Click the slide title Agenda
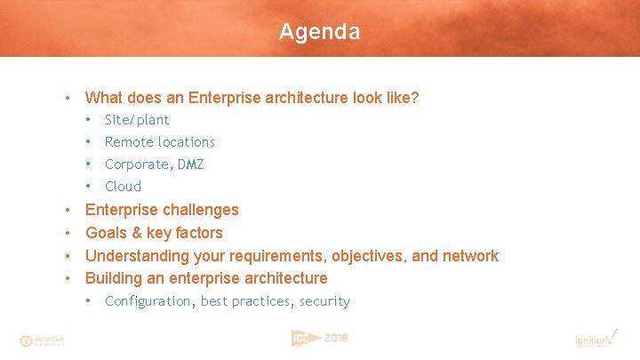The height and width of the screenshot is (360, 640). coord(319,32)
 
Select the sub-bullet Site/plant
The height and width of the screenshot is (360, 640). coord(136,120)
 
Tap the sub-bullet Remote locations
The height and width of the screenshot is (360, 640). coord(159,142)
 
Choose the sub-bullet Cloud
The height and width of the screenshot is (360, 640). coord(123,187)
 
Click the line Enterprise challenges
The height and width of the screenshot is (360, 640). coord(162,210)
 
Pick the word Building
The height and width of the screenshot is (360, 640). coord(115,278)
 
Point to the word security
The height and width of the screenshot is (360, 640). coord(324,301)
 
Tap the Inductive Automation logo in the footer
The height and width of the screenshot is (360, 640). coord(42,340)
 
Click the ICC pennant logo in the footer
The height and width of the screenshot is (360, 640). coord(302,338)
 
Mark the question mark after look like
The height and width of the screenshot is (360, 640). coord(414,98)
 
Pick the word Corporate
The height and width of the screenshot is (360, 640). coord(138,164)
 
